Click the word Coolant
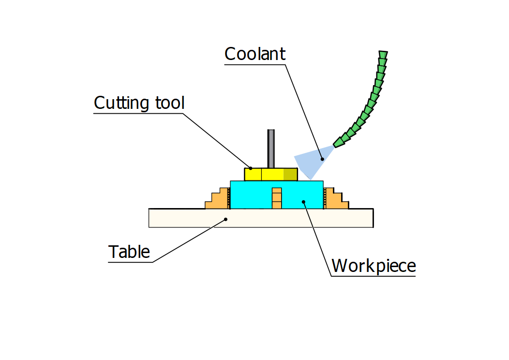(255, 54)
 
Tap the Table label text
(129, 252)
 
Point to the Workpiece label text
(374, 266)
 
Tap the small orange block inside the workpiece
(276, 198)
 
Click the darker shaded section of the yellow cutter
(290, 174)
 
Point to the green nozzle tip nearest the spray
(339, 141)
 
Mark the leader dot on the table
(226, 219)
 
